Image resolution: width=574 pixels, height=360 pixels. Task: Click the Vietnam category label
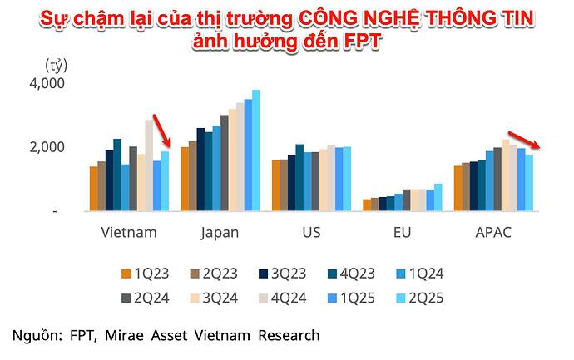[128, 232]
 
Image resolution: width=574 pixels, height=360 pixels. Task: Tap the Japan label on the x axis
[220, 232]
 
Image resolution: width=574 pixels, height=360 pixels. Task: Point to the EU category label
[403, 232]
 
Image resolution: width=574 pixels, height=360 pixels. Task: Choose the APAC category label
[493, 232]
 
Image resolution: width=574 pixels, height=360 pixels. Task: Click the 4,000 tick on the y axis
[47, 84]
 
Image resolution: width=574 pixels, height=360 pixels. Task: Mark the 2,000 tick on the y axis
[47, 147]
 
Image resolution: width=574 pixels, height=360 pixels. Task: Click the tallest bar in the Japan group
[256, 150]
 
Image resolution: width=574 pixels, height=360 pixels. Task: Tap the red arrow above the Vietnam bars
[162, 131]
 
